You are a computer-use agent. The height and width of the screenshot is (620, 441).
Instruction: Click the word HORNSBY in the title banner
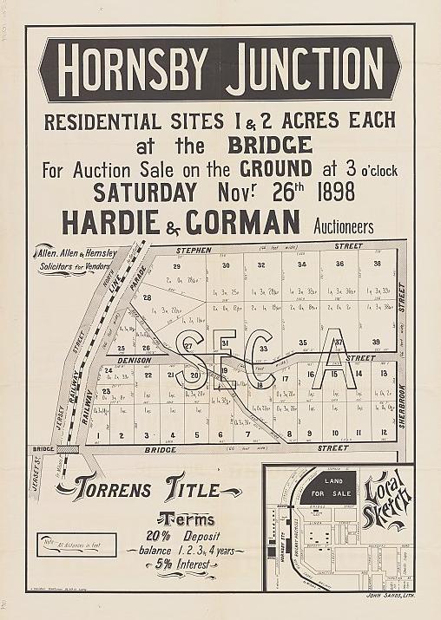(x=139, y=69)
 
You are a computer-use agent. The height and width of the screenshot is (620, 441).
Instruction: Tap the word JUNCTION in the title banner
(x=303, y=69)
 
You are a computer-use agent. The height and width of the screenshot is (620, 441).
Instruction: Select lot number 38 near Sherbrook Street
(x=377, y=264)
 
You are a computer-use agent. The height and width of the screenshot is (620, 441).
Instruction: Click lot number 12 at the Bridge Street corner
(x=383, y=433)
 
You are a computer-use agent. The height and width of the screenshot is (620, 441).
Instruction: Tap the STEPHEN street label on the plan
(x=194, y=249)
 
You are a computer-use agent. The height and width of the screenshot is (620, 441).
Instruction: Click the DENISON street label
(x=135, y=359)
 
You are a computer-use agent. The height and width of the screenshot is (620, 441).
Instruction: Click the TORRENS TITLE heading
(x=149, y=490)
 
